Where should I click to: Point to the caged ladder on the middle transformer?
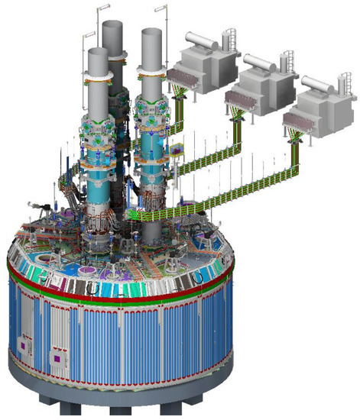[x=286, y=61]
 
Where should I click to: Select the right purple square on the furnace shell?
[x=54, y=357]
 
